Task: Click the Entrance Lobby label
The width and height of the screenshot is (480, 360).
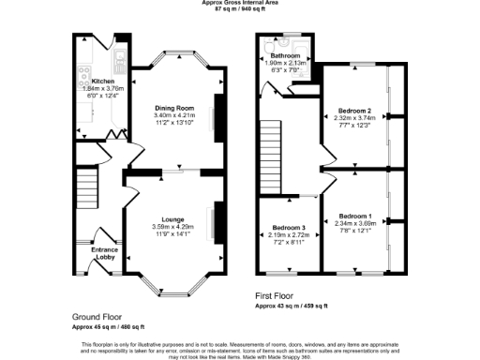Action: click(104, 253)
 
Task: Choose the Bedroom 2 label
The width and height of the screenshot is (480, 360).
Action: click(355, 111)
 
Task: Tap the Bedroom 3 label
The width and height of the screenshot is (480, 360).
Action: click(289, 228)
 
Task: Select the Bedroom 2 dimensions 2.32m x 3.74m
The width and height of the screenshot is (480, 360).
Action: click(355, 119)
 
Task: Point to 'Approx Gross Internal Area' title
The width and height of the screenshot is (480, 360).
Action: click(238, 3)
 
